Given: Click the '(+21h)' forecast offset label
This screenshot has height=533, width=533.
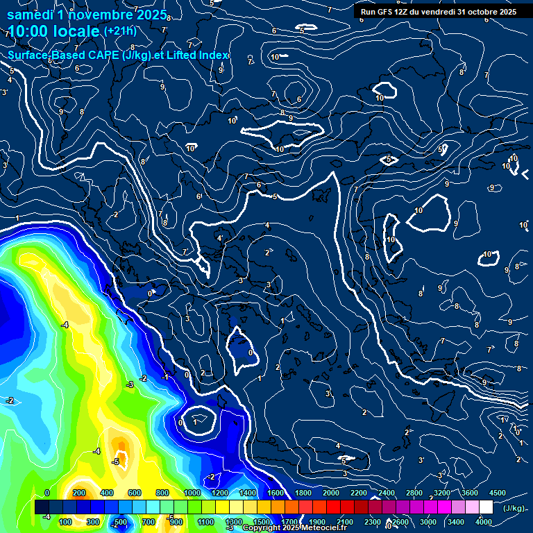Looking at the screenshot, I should point(120,31).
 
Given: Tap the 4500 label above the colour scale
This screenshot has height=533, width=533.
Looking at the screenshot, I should point(498,493).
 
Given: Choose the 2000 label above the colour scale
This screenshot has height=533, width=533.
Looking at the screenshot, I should point(331,493).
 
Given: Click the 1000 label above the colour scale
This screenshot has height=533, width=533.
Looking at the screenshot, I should point(192,493).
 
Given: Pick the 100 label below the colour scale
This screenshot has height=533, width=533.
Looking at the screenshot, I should point(65,522).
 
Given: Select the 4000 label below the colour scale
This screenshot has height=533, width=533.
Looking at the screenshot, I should point(484,522).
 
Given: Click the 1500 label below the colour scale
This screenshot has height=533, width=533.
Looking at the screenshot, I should point(262,522).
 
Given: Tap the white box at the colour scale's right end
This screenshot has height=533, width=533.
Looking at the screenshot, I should point(486,507).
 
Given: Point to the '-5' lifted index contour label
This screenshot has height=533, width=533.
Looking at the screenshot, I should point(117,462).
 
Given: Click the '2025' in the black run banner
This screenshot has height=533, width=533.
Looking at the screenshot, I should point(507,12).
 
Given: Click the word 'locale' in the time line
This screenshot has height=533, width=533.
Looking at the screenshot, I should point(76,31).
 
